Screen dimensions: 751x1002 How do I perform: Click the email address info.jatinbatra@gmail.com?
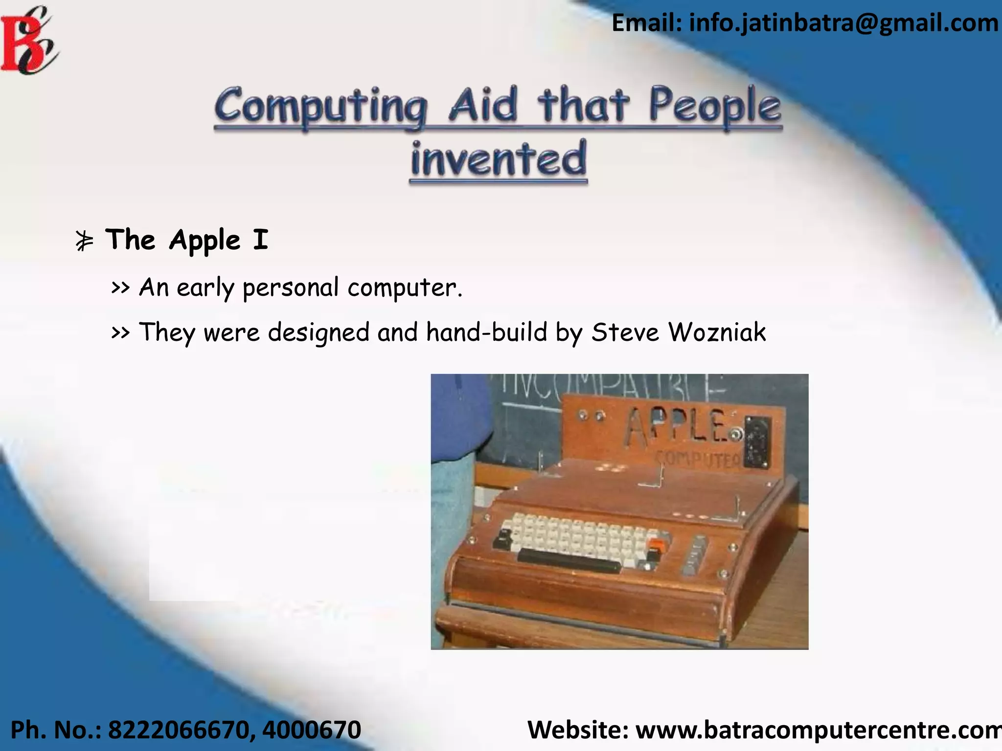(x=843, y=23)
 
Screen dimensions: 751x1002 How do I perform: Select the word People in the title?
(x=714, y=106)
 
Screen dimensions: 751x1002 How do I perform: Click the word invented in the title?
(x=498, y=159)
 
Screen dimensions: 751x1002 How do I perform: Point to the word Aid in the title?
(x=482, y=105)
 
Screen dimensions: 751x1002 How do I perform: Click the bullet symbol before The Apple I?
(x=84, y=241)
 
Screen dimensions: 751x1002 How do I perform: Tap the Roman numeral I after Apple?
(x=261, y=240)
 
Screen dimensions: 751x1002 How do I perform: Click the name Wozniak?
(x=717, y=333)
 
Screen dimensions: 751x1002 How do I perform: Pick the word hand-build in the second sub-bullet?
(x=486, y=333)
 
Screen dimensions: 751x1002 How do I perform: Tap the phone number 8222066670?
(x=178, y=730)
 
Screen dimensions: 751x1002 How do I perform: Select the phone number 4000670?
(x=312, y=730)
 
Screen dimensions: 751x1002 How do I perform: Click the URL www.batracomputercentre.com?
(x=818, y=730)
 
